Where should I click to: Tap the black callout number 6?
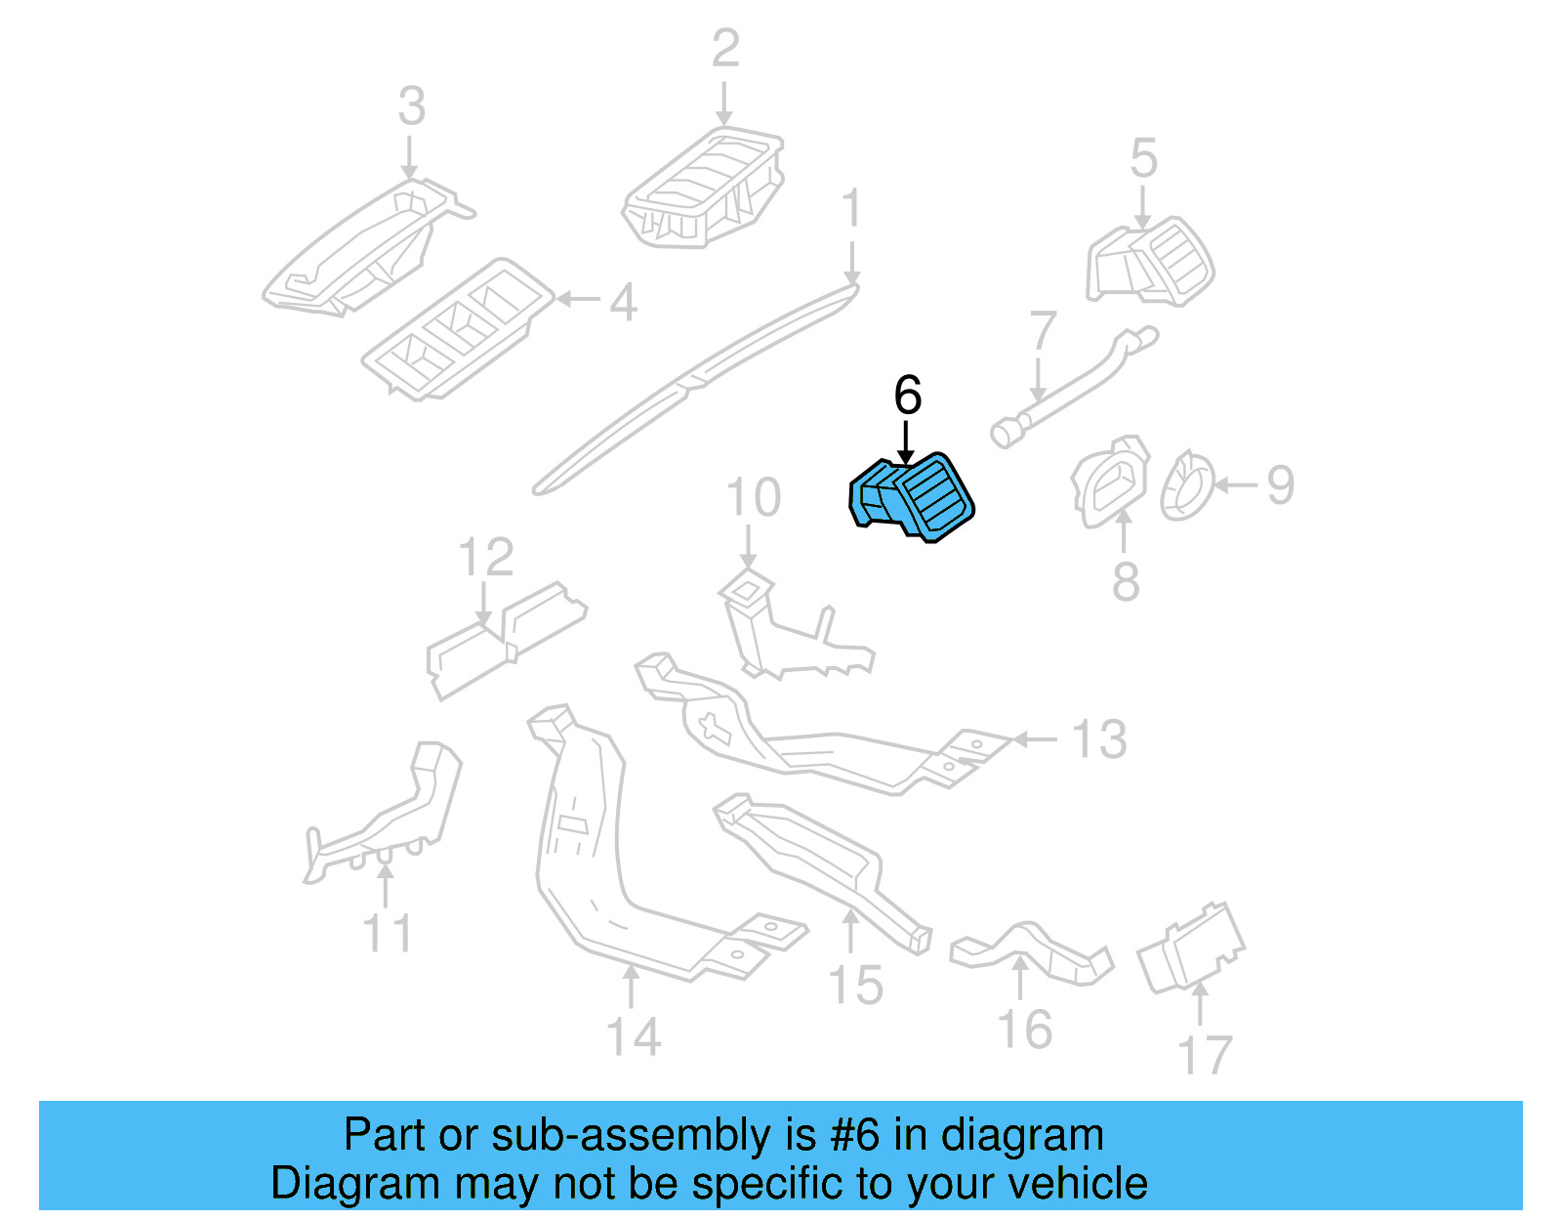coord(907,396)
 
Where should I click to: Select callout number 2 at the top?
coord(725,49)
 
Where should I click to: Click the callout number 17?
coord(1205,1056)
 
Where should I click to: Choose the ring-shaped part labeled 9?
coord(1186,484)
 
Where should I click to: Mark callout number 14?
coord(633,1036)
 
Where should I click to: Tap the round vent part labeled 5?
coord(1152,262)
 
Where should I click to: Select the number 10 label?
coord(753,498)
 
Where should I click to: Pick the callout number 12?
coord(485,558)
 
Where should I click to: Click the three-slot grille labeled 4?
coord(457,329)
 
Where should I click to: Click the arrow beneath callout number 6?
coord(907,442)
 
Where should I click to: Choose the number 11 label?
coord(388,933)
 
